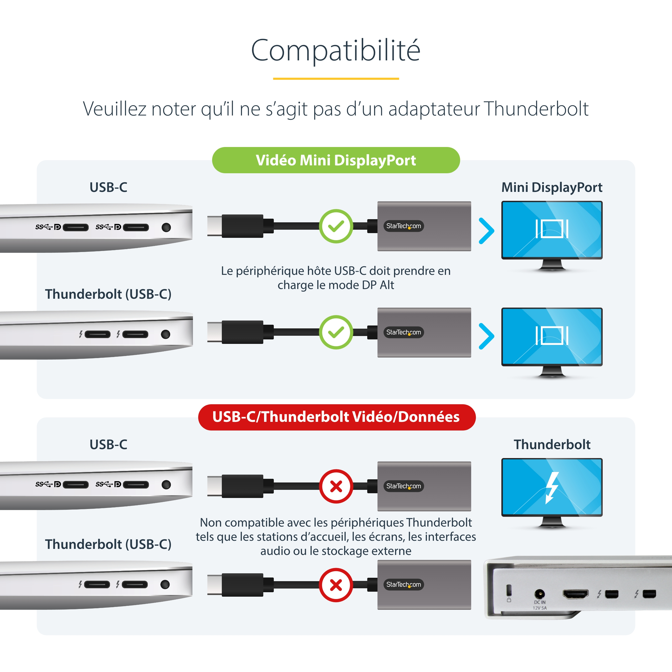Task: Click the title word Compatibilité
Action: click(x=336, y=50)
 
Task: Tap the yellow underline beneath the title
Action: click(x=336, y=78)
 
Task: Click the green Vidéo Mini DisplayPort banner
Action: click(x=336, y=160)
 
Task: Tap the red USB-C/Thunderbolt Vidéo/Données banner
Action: click(x=336, y=417)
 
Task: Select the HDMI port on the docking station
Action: click(x=576, y=594)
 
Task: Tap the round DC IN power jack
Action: click(x=539, y=594)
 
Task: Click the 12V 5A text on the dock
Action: click(x=539, y=608)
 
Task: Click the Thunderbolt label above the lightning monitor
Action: click(x=552, y=444)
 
